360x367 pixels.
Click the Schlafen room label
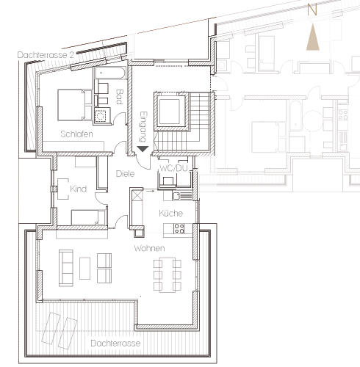click(x=76, y=134)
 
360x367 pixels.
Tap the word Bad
click(x=119, y=97)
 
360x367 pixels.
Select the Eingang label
click(x=143, y=127)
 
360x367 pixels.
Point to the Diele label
click(x=125, y=174)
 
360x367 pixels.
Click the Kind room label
click(x=79, y=189)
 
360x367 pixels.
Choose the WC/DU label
click(x=173, y=168)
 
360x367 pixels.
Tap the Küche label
click(x=171, y=213)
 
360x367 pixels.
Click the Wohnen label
click(x=149, y=248)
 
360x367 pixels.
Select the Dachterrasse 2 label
click(x=46, y=55)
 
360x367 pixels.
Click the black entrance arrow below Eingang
click(x=143, y=149)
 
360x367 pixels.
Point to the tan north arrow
click(x=313, y=37)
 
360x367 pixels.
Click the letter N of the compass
click(x=312, y=10)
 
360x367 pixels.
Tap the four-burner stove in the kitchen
click(x=179, y=229)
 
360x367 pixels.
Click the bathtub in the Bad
click(x=110, y=73)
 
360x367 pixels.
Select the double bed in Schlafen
click(x=75, y=105)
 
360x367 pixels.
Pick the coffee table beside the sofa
click(x=84, y=268)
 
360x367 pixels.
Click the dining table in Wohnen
click(x=168, y=275)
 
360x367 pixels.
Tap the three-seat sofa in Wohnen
click(x=66, y=268)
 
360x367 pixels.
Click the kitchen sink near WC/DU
click(x=182, y=196)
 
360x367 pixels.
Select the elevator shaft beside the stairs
click(x=171, y=112)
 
